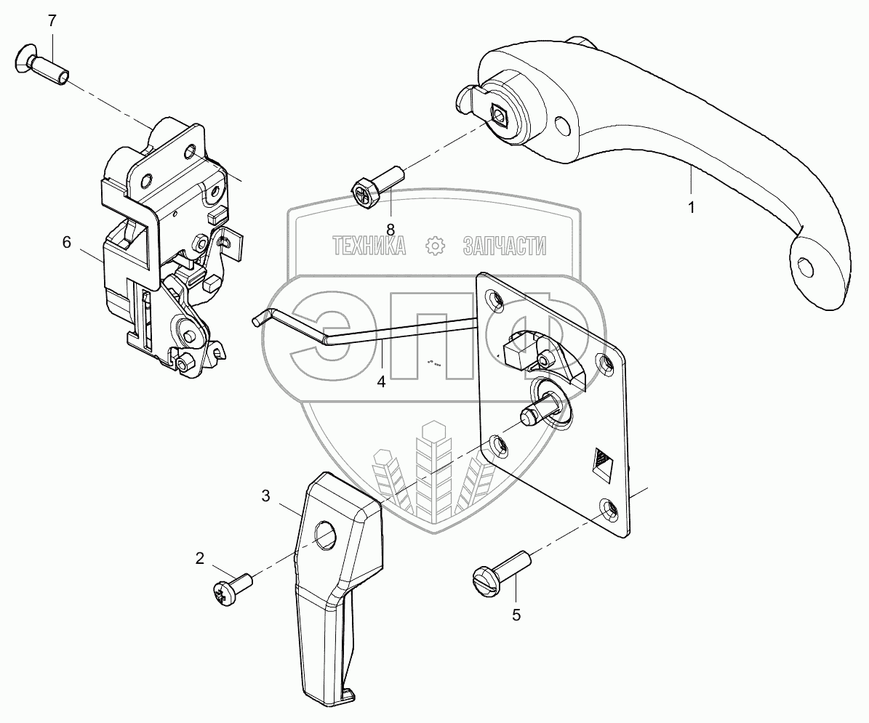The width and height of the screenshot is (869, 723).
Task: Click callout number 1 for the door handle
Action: pos(692,207)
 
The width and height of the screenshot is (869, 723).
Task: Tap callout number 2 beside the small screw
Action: pos(199,558)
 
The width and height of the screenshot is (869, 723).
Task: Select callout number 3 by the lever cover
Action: pos(265,496)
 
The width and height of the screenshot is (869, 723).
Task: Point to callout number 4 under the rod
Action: pos(380,381)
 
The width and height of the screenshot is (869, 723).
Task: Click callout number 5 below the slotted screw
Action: pos(516,615)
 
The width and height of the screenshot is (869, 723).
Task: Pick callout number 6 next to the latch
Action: pos(66,242)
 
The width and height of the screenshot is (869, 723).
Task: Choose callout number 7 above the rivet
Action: pos(52,20)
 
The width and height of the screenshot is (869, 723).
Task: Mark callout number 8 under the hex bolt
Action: pos(390,229)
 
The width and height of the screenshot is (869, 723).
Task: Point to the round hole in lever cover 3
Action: pos(326,536)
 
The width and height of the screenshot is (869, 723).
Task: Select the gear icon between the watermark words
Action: pos(435,246)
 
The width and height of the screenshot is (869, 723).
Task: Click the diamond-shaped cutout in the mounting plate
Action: pos(603,462)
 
